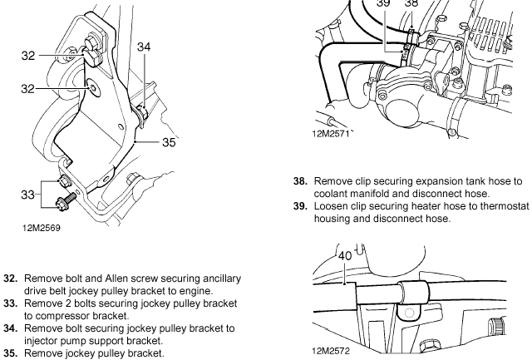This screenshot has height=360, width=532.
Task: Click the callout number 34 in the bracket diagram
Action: click(x=144, y=48)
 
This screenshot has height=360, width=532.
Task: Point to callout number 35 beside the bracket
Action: click(x=170, y=141)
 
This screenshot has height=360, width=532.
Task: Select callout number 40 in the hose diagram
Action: click(x=345, y=256)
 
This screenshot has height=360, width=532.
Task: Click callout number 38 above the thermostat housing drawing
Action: click(x=411, y=4)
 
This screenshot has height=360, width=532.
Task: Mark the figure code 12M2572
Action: click(x=332, y=352)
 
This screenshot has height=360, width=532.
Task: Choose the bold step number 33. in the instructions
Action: click(x=12, y=303)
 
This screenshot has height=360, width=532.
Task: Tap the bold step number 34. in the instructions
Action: click(x=12, y=328)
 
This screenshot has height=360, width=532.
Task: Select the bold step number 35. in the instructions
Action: click(x=12, y=353)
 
